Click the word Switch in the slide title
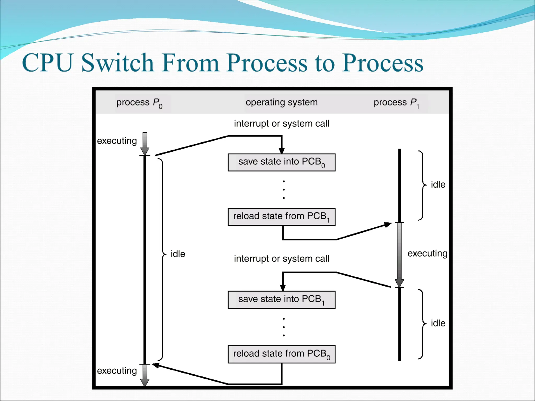(117, 63)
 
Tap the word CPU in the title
(47, 63)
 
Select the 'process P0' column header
(139, 103)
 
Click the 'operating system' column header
(282, 102)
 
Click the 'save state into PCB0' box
(281, 162)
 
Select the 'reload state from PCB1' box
(281, 217)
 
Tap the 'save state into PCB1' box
(281, 300)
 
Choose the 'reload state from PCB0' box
(281, 354)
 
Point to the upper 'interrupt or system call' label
(281, 123)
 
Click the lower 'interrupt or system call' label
(281, 259)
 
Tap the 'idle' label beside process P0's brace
(178, 254)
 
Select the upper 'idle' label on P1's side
(438, 185)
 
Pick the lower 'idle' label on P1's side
(438, 323)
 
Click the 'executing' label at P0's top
(117, 141)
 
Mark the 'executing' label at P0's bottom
(117, 371)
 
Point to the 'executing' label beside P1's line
(427, 253)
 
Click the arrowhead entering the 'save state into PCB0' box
(282, 150)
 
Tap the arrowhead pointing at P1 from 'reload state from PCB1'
(387, 225)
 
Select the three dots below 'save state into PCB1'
(284, 327)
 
